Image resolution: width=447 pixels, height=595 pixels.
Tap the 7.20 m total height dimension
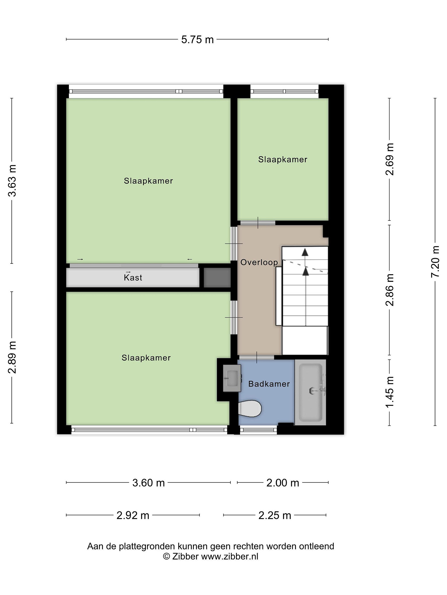[435, 262]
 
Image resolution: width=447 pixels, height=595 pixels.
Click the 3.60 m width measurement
[148, 483]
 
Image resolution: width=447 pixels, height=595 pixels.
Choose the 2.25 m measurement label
[275, 515]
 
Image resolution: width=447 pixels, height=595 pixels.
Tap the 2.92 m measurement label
[133, 515]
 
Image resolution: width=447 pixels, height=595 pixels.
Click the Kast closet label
[133, 277]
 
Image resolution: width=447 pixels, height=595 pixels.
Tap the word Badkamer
[269, 384]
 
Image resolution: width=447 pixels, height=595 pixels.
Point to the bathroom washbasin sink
[232, 378]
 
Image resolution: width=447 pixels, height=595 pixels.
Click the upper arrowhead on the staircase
[305, 252]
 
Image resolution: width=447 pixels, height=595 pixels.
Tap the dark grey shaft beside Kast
[217, 277]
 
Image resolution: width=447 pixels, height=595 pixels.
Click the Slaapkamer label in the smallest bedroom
[283, 159]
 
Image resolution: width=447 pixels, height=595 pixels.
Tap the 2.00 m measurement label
[283, 483]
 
